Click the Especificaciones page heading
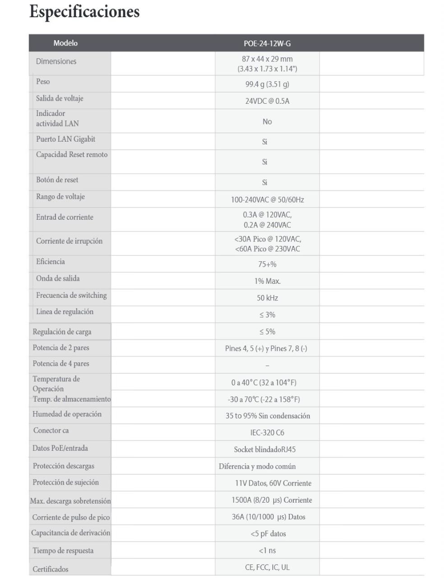tap(84, 12)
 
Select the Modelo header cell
tap(65, 43)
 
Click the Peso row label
tap(43, 82)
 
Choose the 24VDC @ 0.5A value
tap(267, 101)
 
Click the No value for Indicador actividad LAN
tap(267, 121)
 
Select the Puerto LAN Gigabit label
tap(66, 139)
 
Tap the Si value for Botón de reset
tap(265, 183)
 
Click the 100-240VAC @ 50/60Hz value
tap(267, 199)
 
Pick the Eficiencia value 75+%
tap(267, 264)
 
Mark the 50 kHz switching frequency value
tap(267, 298)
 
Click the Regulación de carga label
tap(62, 332)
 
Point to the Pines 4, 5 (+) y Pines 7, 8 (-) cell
tap(266, 348)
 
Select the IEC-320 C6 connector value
tap(267, 433)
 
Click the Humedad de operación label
tap(67, 414)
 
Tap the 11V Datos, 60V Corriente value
tap(273, 483)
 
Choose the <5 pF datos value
tap(268, 534)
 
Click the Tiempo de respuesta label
tap(63, 551)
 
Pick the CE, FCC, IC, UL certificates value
tap(267, 568)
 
